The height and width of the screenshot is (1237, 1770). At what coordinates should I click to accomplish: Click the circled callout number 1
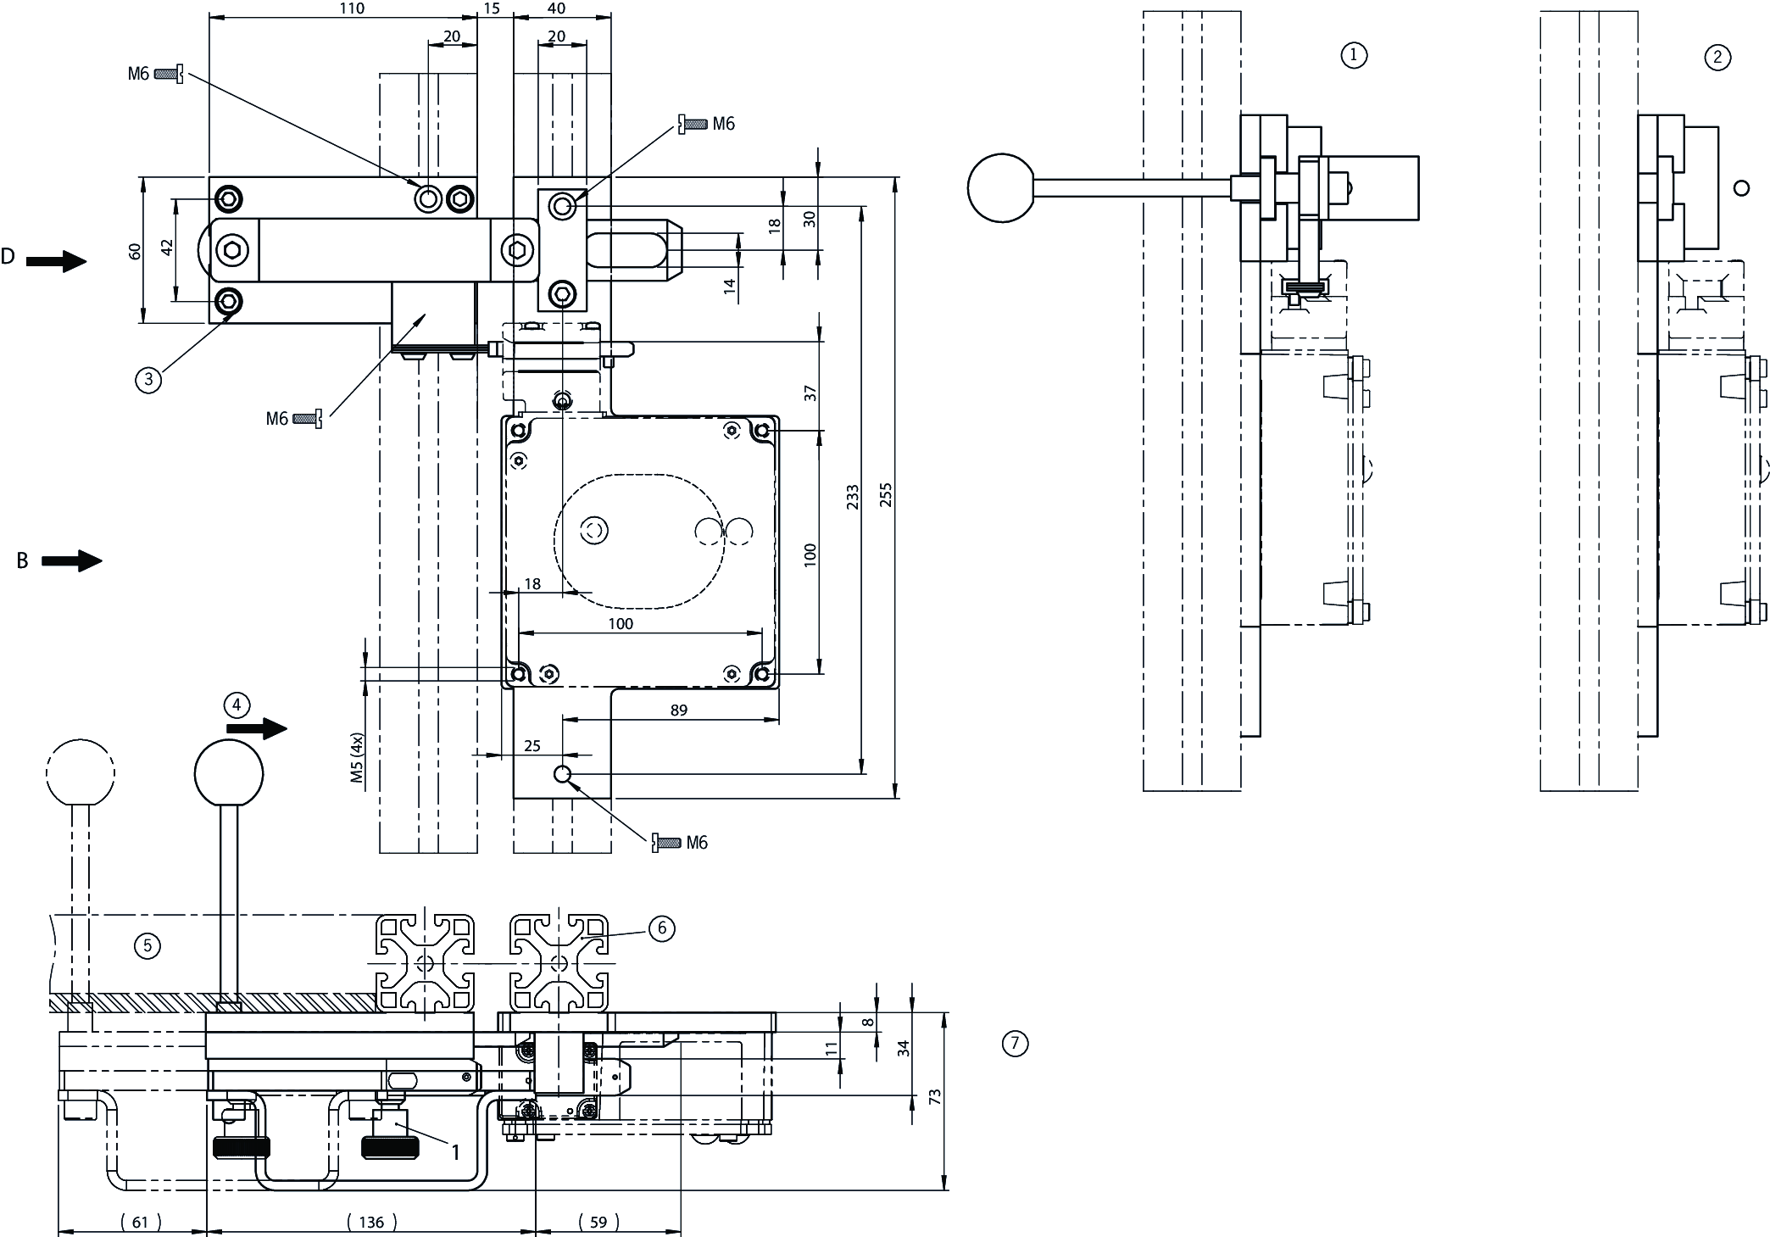tap(1353, 55)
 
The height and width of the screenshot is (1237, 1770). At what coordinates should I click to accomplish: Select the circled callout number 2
tap(1717, 57)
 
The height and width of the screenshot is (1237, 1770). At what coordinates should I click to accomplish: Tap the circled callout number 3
tap(148, 379)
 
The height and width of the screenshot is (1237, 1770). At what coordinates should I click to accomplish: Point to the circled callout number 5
tap(147, 944)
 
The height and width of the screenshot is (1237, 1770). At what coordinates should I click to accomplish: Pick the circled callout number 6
tap(661, 928)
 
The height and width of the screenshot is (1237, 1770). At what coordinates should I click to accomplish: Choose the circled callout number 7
tap(1015, 1043)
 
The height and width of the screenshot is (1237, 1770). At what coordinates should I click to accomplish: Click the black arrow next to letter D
tap(56, 261)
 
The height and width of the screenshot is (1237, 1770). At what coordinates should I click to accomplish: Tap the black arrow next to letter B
tap(71, 560)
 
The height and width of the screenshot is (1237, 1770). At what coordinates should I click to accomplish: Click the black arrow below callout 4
tap(258, 727)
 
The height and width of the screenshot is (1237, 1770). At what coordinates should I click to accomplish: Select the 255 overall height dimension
tap(886, 494)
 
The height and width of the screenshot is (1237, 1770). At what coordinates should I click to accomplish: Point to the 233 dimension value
tap(853, 496)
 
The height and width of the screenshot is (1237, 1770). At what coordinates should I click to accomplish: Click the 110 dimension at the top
tap(351, 8)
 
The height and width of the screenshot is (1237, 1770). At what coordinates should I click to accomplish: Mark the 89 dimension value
tap(679, 710)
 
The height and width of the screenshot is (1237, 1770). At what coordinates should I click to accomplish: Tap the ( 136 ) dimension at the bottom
tap(371, 1222)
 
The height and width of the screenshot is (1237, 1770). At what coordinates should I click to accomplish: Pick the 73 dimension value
tap(935, 1096)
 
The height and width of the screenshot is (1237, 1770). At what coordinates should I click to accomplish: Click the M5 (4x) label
tap(357, 757)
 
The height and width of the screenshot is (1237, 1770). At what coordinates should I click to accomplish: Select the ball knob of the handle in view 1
tap(1002, 187)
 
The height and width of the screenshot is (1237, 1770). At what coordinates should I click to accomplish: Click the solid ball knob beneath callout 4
tap(229, 772)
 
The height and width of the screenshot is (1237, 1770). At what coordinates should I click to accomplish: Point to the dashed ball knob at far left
tap(81, 772)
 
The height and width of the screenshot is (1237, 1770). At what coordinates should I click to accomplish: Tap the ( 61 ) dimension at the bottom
tap(141, 1222)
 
